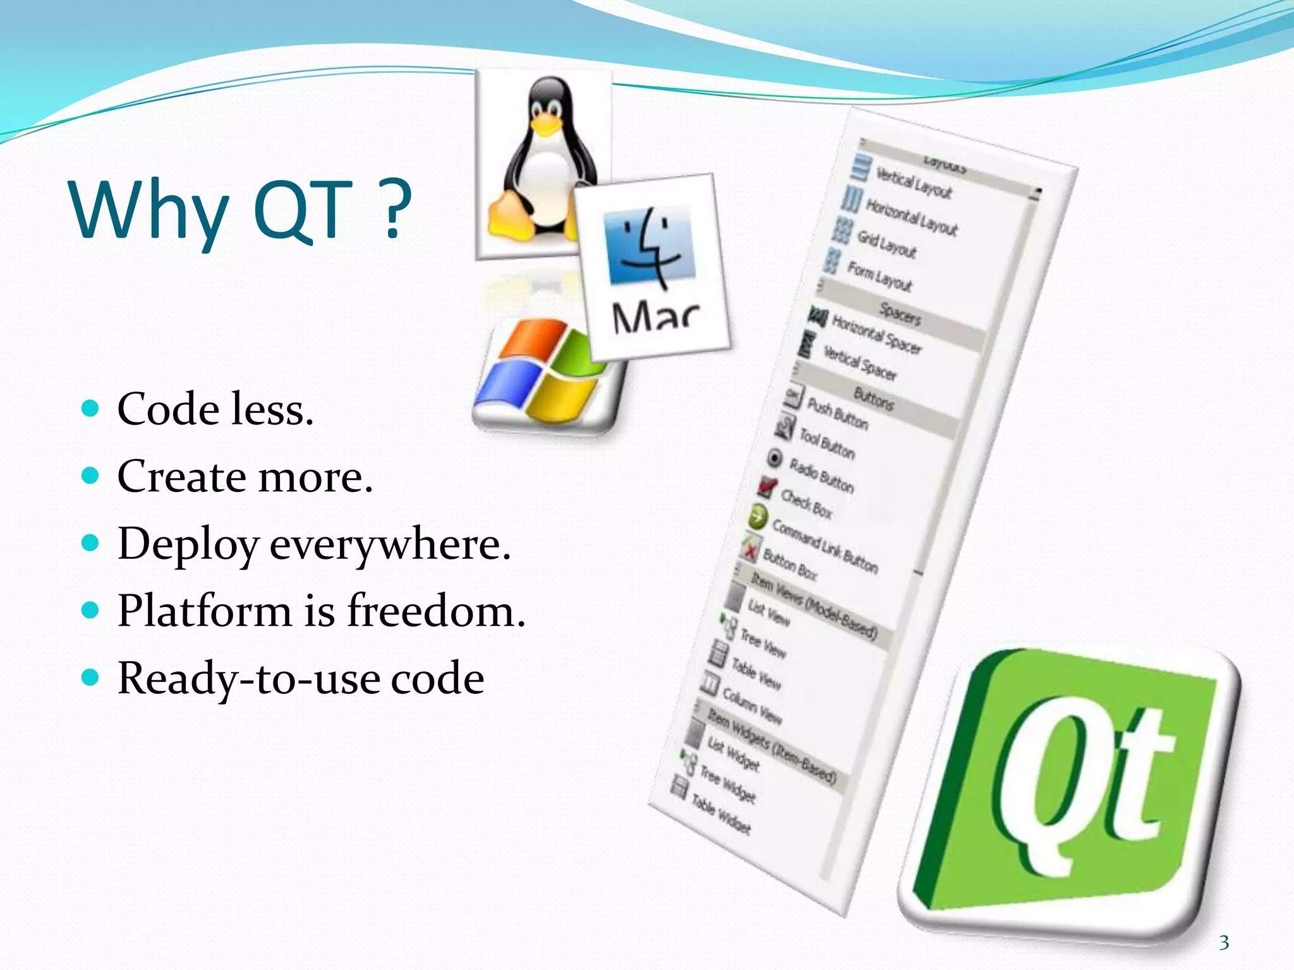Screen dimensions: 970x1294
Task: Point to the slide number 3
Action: [1224, 943]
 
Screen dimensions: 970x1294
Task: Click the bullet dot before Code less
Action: [91, 408]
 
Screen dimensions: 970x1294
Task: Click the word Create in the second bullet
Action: [183, 476]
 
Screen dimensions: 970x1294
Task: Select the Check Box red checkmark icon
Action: [766, 487]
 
